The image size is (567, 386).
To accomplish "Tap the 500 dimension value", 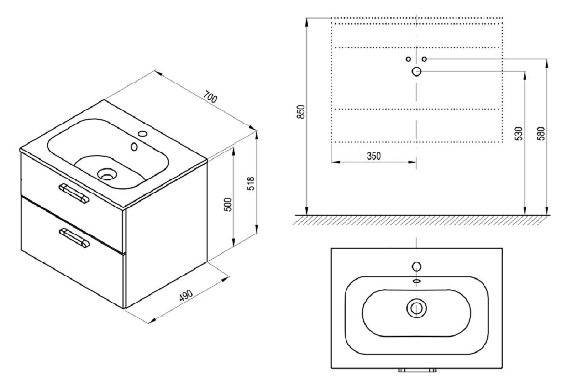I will (x=229, y=205).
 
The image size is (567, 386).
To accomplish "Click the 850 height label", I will (x=301, y=112).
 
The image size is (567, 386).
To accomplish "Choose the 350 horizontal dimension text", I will (x=373, y=155).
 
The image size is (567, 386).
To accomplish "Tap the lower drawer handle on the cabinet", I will (x=74, y=238).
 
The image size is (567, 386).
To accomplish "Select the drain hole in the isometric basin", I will (x=106, y=173).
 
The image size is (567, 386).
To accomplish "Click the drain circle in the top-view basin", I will (x=416, y=307).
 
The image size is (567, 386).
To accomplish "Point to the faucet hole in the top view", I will (x=416, y=266).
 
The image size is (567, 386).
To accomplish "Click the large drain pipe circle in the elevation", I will (x=416, y=72).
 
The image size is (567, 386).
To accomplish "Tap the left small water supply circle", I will (x=408, y=59).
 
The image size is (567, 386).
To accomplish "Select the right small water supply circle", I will (x=424, y=59).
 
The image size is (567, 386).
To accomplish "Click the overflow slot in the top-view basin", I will (x=416, y=280).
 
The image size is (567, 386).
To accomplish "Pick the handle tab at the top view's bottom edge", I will (x=417, y=371).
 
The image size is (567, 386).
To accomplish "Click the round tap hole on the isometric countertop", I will (x=142, y=133).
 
